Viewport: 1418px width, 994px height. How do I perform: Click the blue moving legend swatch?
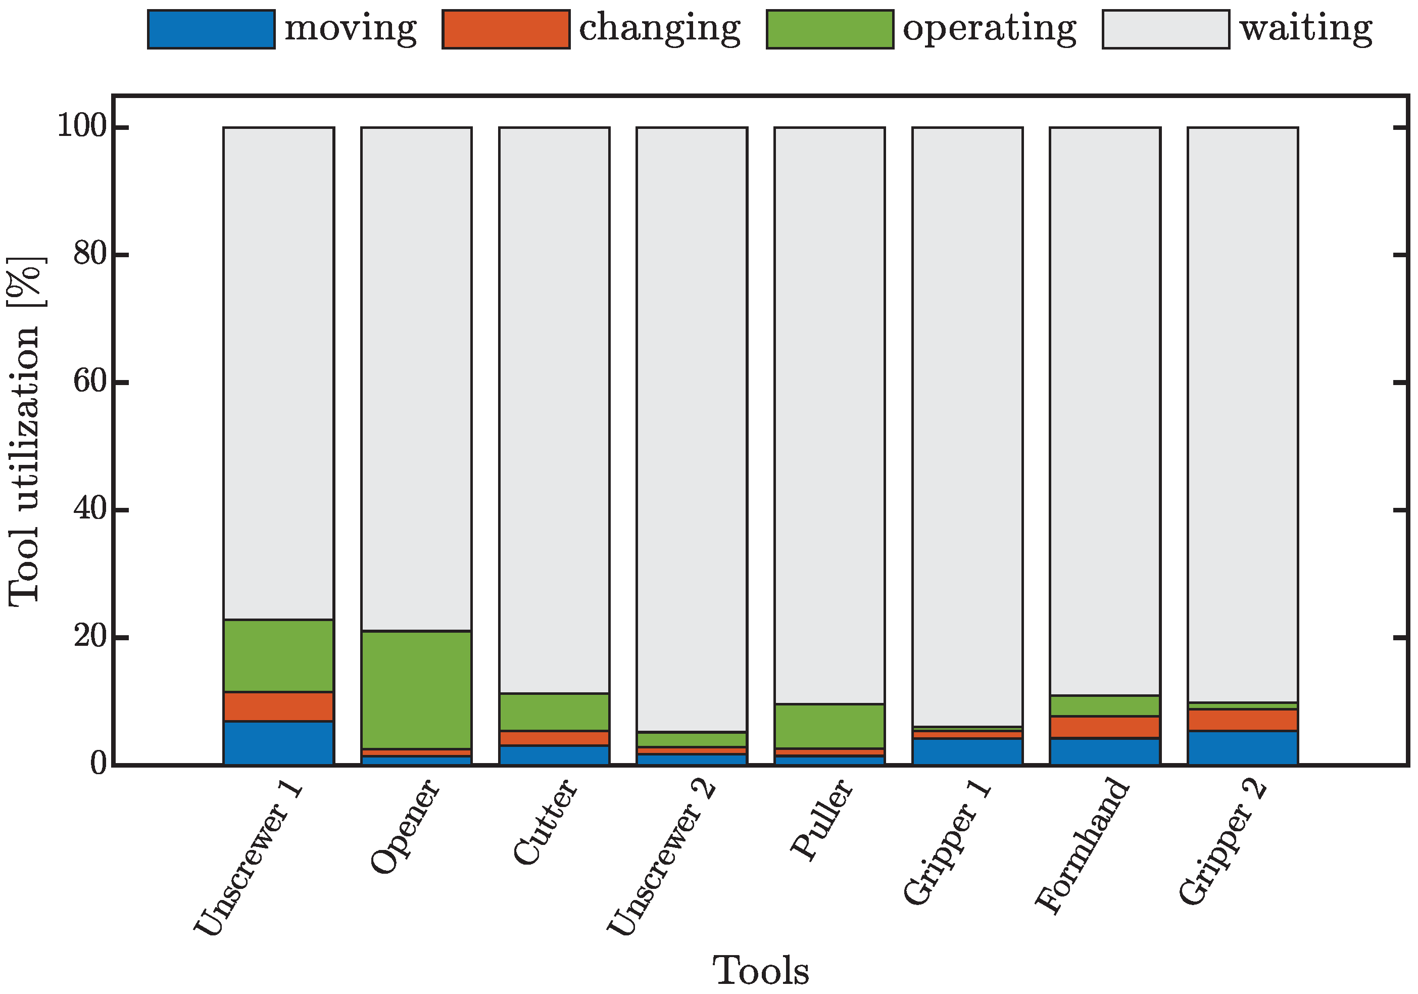(x=211, y=29)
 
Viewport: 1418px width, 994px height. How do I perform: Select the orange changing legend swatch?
(x=506, y=29)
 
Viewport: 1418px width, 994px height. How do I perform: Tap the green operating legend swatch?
(x=829, y=29)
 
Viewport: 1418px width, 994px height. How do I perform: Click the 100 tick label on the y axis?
(x=82, y=127)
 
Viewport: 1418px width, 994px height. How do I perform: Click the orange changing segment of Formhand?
(x=1105, y=727)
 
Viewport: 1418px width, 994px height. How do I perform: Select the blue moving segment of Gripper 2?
(x=1243, y=748)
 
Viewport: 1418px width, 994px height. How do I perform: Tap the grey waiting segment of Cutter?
(x=554, y=408)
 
